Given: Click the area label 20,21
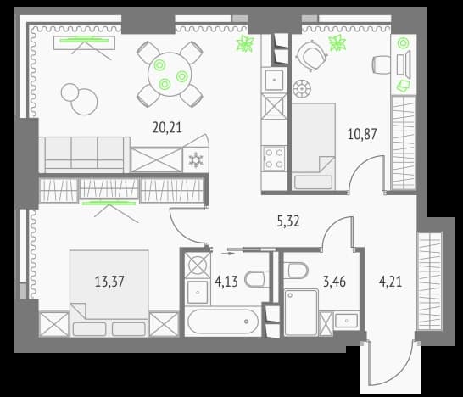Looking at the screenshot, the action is [167, 127].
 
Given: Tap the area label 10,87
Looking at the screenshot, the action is [362, 134].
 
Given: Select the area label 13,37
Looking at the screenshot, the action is [109, 282].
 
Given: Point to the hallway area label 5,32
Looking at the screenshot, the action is [288, 221].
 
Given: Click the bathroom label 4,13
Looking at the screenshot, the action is [226, 282].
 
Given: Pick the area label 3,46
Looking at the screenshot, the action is [335, 282].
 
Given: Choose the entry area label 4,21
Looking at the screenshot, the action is [390, 282].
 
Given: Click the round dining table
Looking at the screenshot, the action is [170, 74].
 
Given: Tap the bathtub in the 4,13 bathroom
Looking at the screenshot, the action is [223, 322].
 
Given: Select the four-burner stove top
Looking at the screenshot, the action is [275, 158].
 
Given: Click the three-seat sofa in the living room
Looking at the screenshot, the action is [85, 154].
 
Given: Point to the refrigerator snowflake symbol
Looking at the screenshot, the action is [196, 159].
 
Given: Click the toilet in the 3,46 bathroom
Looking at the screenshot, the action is [297, 270].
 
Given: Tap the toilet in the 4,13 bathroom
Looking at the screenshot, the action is [256, 279].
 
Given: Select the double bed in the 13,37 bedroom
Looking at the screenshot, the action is [109, 293].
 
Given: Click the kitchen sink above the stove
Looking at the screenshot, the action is [275, 80].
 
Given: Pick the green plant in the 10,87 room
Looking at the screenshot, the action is [337, 43].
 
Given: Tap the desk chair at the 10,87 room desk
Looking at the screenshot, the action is [382, 66].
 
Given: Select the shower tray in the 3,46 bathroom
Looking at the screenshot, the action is [302, 312].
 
